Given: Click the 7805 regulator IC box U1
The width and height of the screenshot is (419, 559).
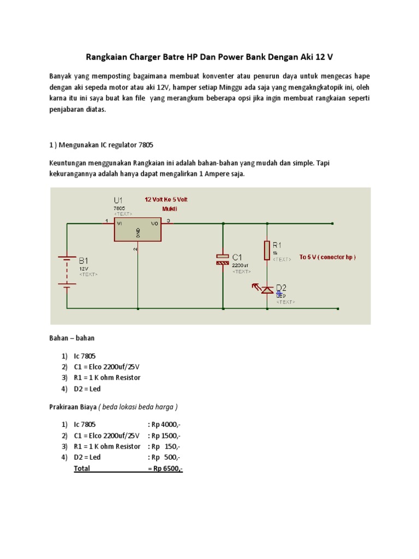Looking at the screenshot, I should pyautogui.click(x=137, y=229).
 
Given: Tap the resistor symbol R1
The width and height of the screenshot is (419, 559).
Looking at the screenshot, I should pyautogui.click(x=267, y=250).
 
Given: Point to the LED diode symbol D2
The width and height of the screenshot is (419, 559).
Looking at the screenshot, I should pyautogui.click(x=267, y=289).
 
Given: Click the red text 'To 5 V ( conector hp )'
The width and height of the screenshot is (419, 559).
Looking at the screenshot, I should pyautogui.click(x=327, y=257).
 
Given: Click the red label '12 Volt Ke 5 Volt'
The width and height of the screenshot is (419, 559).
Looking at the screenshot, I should pyautogui.click(x=166, y=199).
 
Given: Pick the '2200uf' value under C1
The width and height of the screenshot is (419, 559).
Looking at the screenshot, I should pyautogui.click(x=241, y=265).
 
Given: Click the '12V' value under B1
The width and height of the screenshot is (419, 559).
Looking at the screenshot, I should pyautogui.click(x=83, y=269).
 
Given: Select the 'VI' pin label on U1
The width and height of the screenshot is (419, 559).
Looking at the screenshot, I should pyautogui.click(x=120, y=222).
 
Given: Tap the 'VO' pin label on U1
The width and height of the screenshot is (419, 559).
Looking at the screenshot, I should pyautogui.click(x=155, y=222).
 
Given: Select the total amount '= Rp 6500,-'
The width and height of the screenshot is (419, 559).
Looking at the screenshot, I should pyautogui.click(x=165, y=468).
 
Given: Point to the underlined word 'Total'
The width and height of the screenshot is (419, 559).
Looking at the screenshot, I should pyautogui.click(x=82, y=468).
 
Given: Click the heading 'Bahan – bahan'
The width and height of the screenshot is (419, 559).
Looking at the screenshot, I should pyautogui.click(x=72, y=338).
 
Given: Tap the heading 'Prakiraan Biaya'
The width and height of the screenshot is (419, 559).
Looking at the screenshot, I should pyautogui.click(x=73, y=407).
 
